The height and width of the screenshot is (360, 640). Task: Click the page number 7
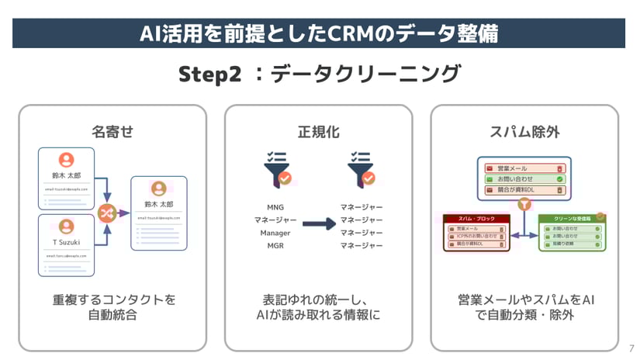(x=631, y=348)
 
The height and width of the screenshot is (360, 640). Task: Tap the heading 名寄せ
(x=112, y=131)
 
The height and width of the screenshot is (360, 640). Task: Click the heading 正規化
(x=319, y=131)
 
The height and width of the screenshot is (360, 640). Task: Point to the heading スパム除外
(x=524, y=131)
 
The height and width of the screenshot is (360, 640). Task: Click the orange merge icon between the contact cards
(x=106, y=212)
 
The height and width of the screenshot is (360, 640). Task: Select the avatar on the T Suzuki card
(x=67, y=227)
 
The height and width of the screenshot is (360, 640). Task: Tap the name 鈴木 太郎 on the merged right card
(x=159, y=205)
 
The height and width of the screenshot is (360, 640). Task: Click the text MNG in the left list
(x=275, y=207)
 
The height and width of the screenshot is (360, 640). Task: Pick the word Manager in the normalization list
(x=275, y=233)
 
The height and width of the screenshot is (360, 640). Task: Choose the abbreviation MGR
(x=275, y=246)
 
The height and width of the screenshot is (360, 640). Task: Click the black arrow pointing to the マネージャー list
(x=319, y=225)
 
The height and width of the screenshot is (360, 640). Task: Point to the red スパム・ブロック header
(x=476, y=219)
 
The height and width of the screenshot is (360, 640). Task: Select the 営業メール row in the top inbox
(x=524, y=168)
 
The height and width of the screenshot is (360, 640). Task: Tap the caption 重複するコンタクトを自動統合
(x=112, y=307)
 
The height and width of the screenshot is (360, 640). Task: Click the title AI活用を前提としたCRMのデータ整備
(x=319, y=33)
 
